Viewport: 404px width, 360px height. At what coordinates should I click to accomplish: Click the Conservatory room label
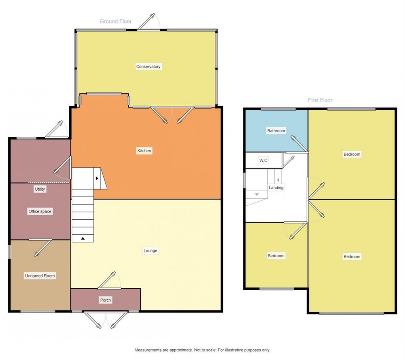pos(148,67)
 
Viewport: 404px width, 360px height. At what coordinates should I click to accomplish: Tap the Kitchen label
pos(144,151)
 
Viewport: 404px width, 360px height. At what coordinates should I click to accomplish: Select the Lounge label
pos(150,251)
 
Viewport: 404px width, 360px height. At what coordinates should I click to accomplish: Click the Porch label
pos(105,300)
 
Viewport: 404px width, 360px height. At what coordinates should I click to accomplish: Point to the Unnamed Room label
pos(40,276)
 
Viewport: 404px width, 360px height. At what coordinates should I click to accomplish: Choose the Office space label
pos(40,211)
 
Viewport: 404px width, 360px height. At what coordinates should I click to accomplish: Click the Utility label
pos(40,190)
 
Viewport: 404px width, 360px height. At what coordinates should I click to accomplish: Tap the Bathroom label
pos(276,130)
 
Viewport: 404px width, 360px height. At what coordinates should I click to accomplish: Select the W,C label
pos(263,161)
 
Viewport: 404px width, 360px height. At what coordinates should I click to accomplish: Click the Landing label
pos(276,188)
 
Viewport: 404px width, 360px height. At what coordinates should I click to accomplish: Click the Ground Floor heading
pos(116,21)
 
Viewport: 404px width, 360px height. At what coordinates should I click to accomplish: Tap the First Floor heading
pos(320,100)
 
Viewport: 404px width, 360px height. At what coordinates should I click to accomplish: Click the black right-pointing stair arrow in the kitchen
pos(97,178)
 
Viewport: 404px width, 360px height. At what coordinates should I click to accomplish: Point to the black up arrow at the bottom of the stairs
pos(83,238)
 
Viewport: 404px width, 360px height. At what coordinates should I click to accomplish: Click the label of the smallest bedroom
pos(276,256)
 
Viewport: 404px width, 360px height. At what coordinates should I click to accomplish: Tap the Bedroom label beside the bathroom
pos(352,154)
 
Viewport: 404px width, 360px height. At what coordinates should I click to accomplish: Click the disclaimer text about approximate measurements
pos(202,350)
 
